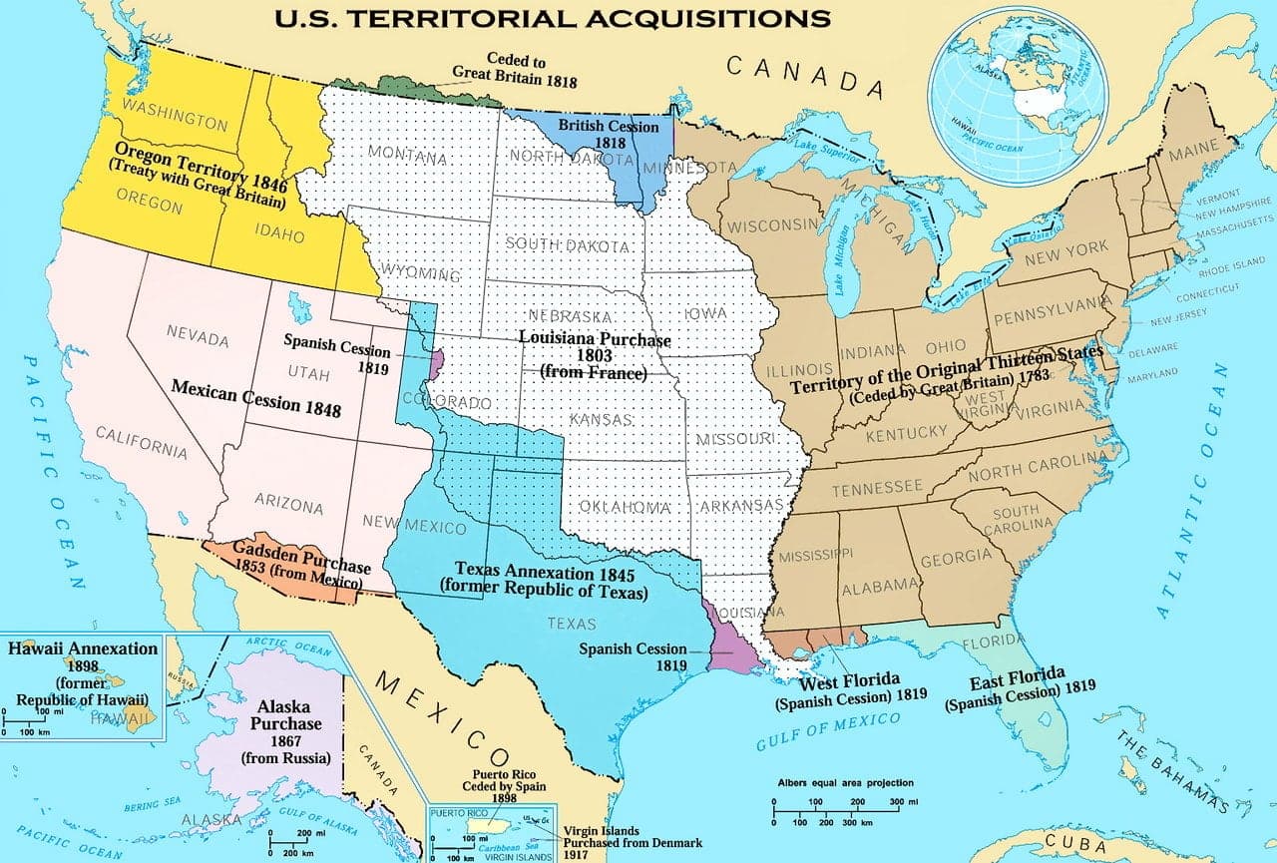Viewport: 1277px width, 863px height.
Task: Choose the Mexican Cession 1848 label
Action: pyautogui.click(x=256, y=397)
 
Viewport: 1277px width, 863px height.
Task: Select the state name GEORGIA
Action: pyautogui.click(x=956, y=557)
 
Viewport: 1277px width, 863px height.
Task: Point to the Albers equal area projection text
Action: pyautogui.click(x=845, y=783)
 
